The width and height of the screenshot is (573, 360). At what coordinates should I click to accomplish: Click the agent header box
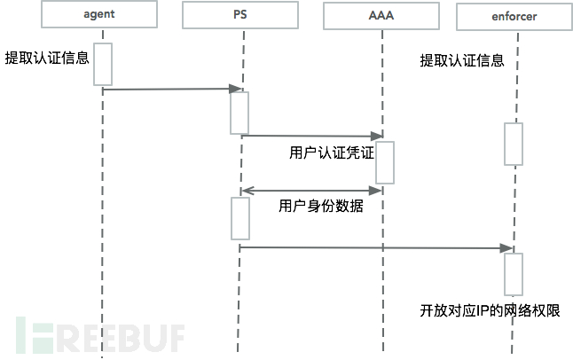[104, 15]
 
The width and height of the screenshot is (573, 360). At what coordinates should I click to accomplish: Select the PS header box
[239, 15]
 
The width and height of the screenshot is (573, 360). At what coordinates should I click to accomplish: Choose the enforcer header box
[513, 15]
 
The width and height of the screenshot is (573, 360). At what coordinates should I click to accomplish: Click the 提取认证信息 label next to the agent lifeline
[47, 59]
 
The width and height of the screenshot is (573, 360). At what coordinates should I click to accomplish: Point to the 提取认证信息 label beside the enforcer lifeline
[462, 61]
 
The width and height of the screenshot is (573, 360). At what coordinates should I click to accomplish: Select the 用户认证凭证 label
[332, 153]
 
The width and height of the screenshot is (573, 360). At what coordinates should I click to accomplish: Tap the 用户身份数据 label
[320, 206]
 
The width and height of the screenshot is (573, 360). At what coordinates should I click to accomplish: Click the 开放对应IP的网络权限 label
[491, 310]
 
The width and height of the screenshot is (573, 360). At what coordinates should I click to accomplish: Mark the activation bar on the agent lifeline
[103, 64]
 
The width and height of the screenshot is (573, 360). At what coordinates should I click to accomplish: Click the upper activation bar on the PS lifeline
[239, 112]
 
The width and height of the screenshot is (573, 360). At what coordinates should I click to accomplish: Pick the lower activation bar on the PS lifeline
[240, 217]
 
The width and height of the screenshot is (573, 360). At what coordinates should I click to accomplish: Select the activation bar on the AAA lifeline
[384, 161]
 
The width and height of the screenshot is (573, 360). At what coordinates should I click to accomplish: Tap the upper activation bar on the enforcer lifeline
[514, 144]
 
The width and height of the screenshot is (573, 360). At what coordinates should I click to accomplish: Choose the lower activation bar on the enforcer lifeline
[514, 274]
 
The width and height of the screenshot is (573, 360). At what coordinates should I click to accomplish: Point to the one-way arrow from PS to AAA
[311, 136]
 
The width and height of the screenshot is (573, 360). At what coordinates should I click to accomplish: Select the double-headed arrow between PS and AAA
[310, 189]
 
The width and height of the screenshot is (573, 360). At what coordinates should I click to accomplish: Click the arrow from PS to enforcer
[377, 247]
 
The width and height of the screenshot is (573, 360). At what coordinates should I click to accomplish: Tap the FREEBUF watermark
[98, 334]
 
